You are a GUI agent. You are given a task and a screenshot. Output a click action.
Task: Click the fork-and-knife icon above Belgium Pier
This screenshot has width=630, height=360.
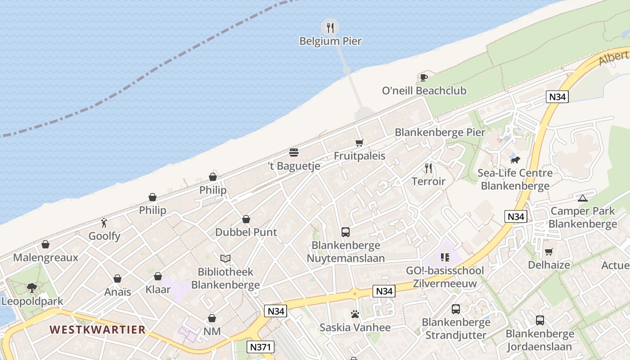click(330, 27)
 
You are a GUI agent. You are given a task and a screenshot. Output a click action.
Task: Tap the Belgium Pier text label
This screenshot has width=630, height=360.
click(330, 41)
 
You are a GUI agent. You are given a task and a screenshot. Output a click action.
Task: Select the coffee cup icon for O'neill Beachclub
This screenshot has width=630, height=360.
click(423, 77)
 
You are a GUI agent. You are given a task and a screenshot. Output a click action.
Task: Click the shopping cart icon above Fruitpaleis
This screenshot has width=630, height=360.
click(359, 143)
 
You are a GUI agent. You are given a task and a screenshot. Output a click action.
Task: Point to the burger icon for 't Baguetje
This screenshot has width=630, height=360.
click(294, 153)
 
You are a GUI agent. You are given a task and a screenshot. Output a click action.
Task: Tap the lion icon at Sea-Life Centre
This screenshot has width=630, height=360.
click(515, 160)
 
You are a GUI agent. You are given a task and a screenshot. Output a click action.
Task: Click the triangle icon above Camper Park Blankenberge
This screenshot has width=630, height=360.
click(583, 198)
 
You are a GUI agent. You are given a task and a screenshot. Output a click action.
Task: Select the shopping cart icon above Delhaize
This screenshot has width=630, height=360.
click(549, 252)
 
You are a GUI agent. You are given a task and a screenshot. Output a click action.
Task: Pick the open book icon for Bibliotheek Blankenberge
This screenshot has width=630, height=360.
click(225, 258)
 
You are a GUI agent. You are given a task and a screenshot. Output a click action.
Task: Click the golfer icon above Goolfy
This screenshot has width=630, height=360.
click(104, 222)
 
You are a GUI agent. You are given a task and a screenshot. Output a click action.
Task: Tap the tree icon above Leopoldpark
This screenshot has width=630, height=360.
click(31, 287)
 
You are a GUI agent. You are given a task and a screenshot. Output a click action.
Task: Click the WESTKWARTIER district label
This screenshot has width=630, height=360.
click(98, 329)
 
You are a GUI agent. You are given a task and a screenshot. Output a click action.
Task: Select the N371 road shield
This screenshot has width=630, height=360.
click(261, 347)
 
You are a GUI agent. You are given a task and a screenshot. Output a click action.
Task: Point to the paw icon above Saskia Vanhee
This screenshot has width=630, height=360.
click(355, 314)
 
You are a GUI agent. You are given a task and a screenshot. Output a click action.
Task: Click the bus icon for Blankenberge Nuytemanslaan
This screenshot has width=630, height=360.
click(346, 232)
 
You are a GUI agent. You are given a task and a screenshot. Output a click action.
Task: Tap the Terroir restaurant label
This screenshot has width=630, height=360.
click(428, 181)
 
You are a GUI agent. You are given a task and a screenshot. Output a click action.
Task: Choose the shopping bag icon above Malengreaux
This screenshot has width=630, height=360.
click(45, 244)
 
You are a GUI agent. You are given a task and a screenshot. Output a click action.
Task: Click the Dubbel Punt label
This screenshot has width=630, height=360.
click(246, 232)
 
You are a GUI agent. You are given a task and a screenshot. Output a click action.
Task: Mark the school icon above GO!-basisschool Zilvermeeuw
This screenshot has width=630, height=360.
click(445, 257)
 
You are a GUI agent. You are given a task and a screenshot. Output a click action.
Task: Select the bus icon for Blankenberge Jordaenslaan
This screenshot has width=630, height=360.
click(540, 320)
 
